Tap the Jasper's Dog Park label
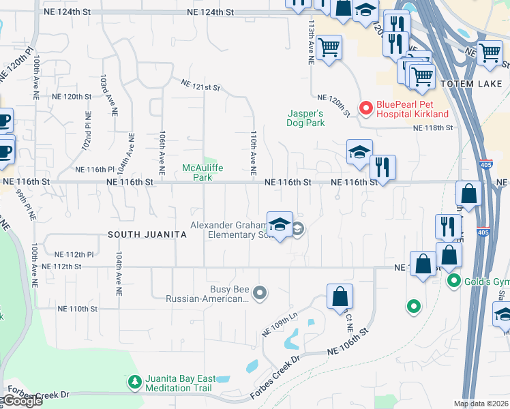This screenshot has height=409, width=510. (x=305, y=118)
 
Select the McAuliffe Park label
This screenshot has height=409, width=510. (x=202, y=172)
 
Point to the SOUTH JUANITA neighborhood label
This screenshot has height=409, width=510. (x=147, y=234)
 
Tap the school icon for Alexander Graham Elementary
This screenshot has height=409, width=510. (x=280, y=225)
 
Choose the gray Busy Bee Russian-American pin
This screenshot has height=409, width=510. (x=259, y=293)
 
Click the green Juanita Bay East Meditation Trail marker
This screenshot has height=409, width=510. (x=134, y=380)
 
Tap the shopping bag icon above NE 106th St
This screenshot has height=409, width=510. (x=340, y=297)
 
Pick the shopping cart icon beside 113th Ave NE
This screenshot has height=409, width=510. (x=329, y=47)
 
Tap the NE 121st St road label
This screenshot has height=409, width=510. (x=200, y=86)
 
